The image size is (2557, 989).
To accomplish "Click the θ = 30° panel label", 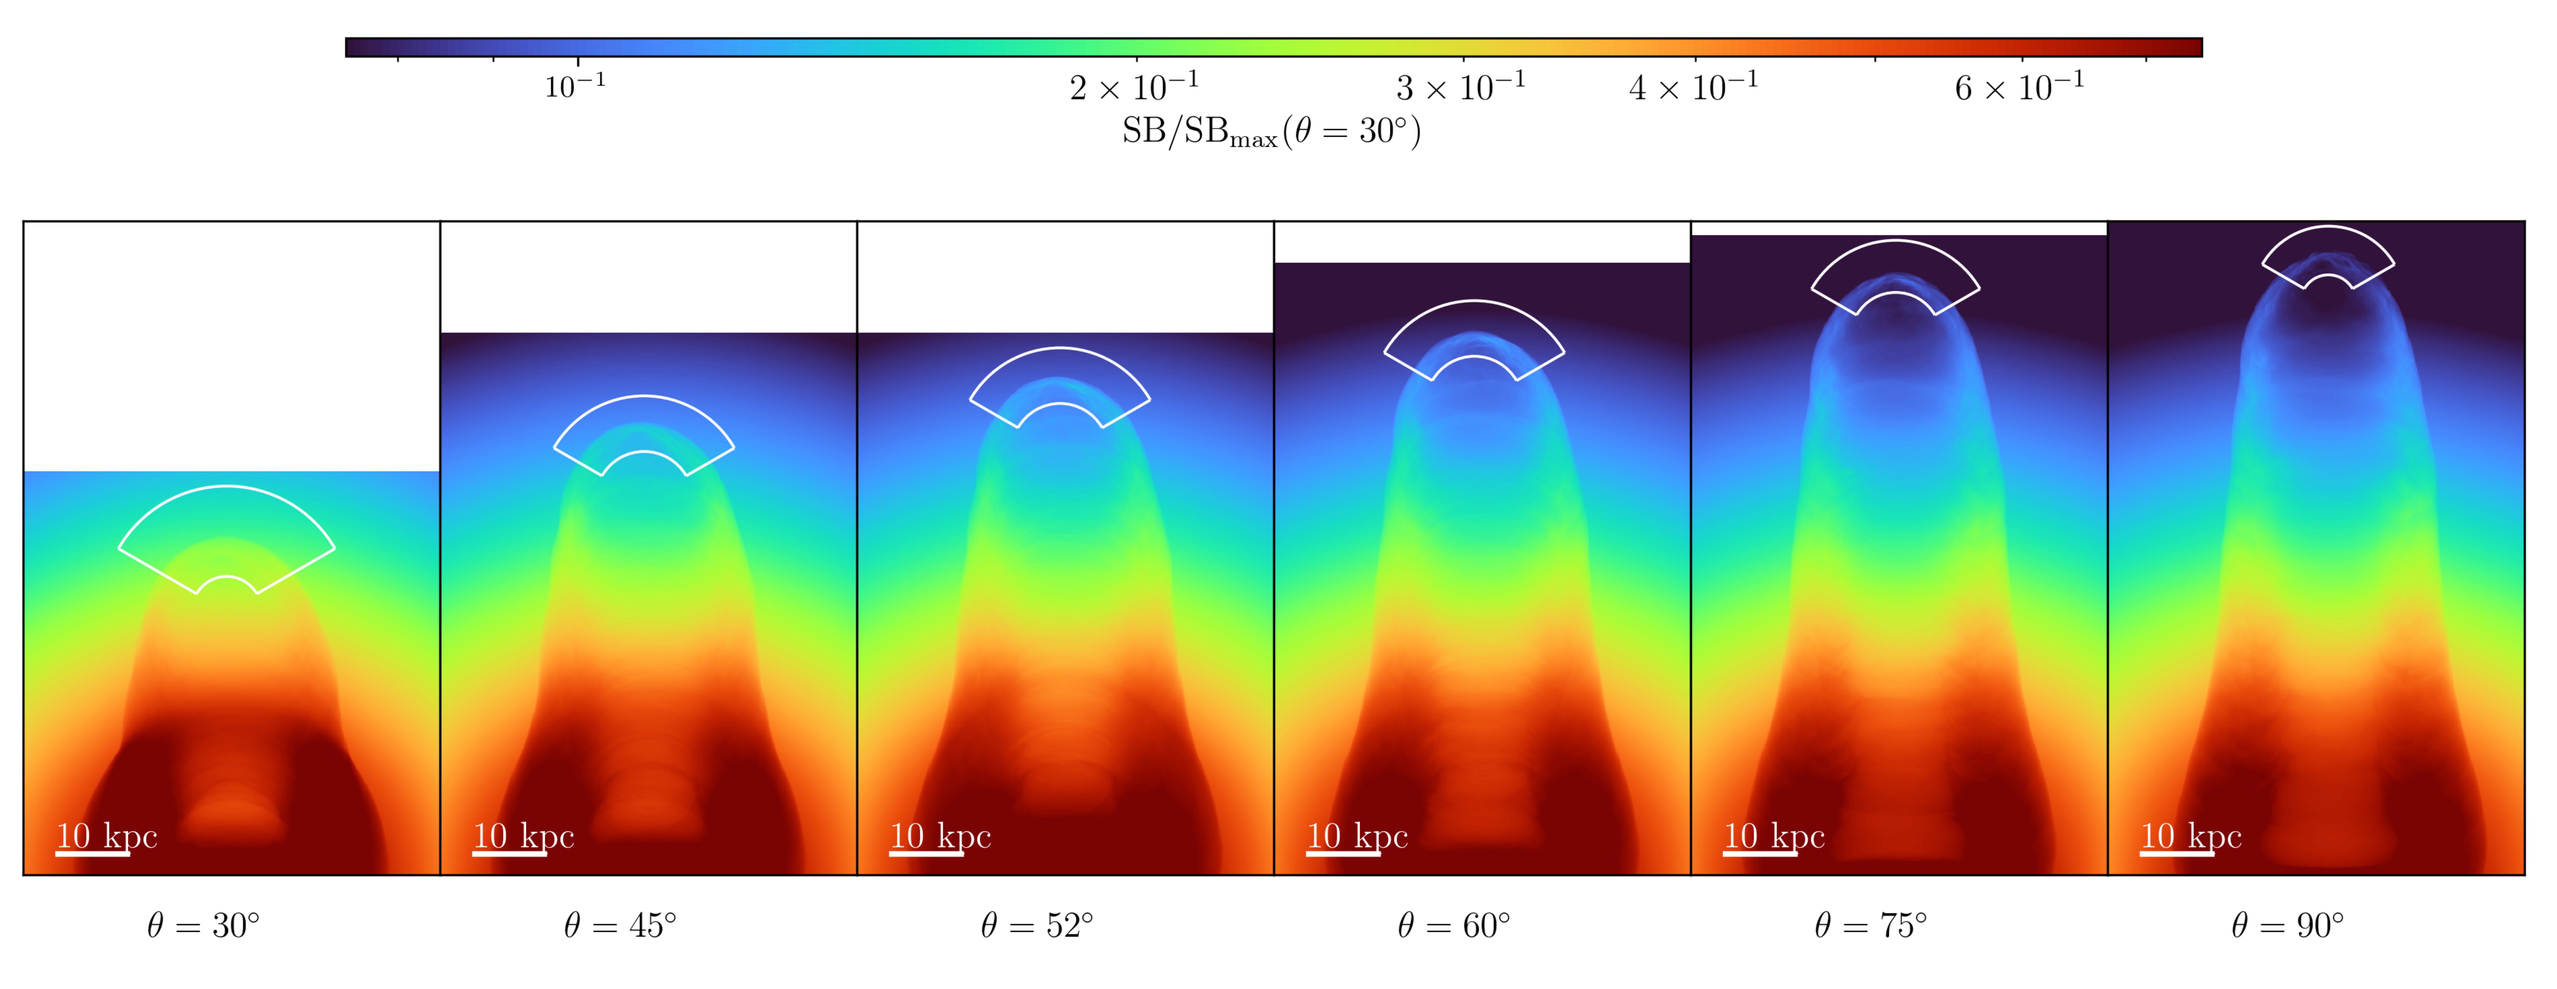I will point(204,925).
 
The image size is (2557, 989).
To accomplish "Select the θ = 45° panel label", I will point(620,925).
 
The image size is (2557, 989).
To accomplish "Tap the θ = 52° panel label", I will point(1037,925).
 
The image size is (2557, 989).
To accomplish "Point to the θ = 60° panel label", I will point(1454,925).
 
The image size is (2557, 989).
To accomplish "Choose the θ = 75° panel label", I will point(1871,925).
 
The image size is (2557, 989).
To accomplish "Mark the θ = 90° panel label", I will point(2288,925).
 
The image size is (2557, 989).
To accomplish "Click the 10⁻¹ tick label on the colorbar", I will point(576,86).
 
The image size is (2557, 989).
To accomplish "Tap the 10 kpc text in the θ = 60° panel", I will point(1357,836).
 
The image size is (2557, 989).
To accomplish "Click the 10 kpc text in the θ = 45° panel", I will point(523,836).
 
